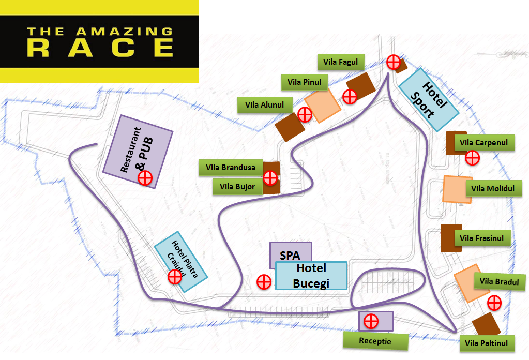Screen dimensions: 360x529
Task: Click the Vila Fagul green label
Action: (337, 62)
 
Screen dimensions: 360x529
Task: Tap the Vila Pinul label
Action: (304, 82)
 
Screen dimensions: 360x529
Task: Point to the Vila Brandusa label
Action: (231, 167)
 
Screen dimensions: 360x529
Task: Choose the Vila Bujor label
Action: (237, 186)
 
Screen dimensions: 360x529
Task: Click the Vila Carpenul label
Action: (483, 143)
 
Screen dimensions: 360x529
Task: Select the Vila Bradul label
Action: (495, 281)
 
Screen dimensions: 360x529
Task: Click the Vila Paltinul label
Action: (486, 343)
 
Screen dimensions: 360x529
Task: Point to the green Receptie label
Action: (375, 341)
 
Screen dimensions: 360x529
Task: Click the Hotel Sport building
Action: (428, 100)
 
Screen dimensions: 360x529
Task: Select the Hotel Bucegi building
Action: (311, 276)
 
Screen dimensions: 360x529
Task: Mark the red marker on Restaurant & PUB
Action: (145, 178)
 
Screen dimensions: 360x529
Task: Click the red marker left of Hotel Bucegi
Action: (264, 282)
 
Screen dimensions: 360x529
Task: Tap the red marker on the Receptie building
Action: (370, 321)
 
